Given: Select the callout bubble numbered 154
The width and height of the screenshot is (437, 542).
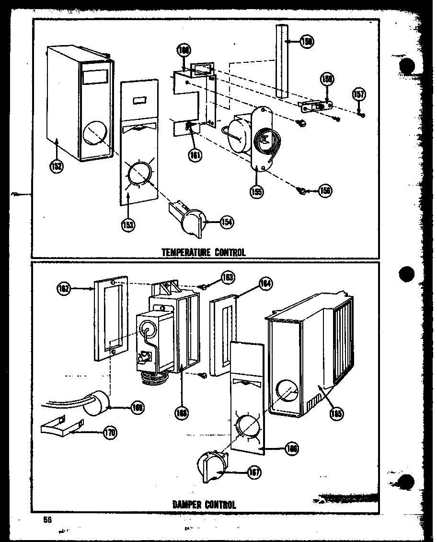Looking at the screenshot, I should (x=227, y=222).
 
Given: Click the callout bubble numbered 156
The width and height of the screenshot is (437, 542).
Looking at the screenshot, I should (x=324, y=191).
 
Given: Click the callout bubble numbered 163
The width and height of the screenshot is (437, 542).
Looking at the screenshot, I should (x=228, y=277).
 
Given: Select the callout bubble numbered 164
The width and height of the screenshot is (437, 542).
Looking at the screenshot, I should (x=265, y=283).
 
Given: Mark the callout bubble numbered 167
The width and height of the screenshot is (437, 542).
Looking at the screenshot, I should (x=254, y=472).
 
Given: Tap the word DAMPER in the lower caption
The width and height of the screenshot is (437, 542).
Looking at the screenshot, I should (x=187, y=504).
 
